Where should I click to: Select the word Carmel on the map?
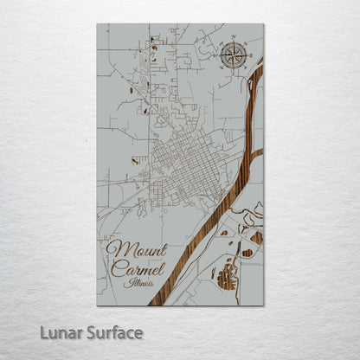(134, 267)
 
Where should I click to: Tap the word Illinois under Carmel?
(138, 282)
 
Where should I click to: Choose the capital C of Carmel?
(116, 267)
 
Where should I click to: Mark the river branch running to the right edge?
(257, 154)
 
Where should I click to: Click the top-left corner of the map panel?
(97, 24)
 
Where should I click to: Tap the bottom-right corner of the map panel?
(263, 305)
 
